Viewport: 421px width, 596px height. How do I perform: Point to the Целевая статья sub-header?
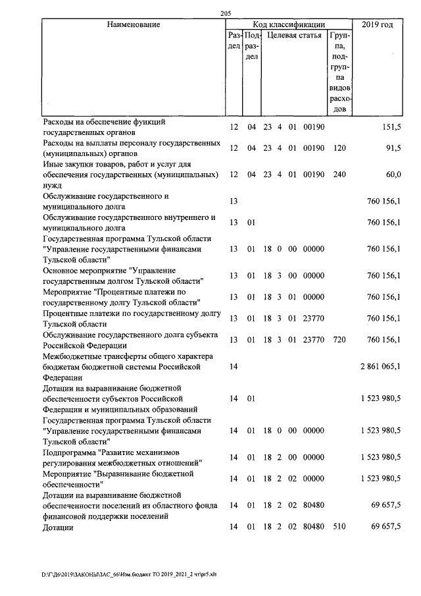pyautogui.click(x=294, y=35)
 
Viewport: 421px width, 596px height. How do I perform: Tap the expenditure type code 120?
pyautogui.click(x=339, y=148)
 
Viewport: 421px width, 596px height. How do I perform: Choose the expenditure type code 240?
pyautogui.click(x=339, y=175)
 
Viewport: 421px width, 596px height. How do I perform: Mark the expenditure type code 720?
pyautogui.click(x=339, y=340)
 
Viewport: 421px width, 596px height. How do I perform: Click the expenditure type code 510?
pyautogui.click(x=339, y=528)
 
